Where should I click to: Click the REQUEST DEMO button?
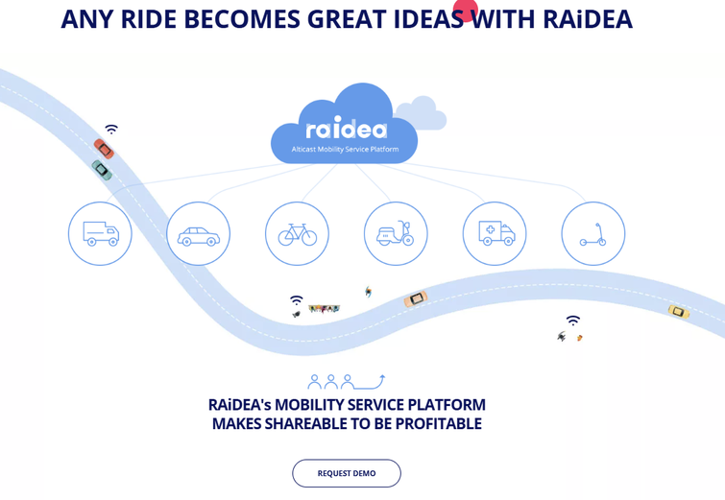tap(347, 473)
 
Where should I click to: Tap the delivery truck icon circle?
tap(100, 233)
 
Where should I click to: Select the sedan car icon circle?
tap(199, 233)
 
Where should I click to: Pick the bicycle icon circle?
tap(297, 233)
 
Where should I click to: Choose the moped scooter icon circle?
tap(396, 233)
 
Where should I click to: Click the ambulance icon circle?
tap(495, 233)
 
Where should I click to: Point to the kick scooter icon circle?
tap(593, 233)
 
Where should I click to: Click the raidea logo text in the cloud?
tap(347, 128)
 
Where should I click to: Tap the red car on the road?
tap(104, 149)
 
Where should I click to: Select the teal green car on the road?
tap(102, 170)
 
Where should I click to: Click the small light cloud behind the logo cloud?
tap(422, 112)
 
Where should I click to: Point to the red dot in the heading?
tap(466, 10)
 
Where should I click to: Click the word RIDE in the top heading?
tap(149, 19)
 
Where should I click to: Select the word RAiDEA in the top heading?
tap(588, 19)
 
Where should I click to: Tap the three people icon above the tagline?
tap(331, 382)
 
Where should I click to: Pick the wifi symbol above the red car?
tap(111, 129)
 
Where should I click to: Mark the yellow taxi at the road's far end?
tap(678, 312)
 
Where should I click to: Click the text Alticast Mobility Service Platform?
tap(345, 150)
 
